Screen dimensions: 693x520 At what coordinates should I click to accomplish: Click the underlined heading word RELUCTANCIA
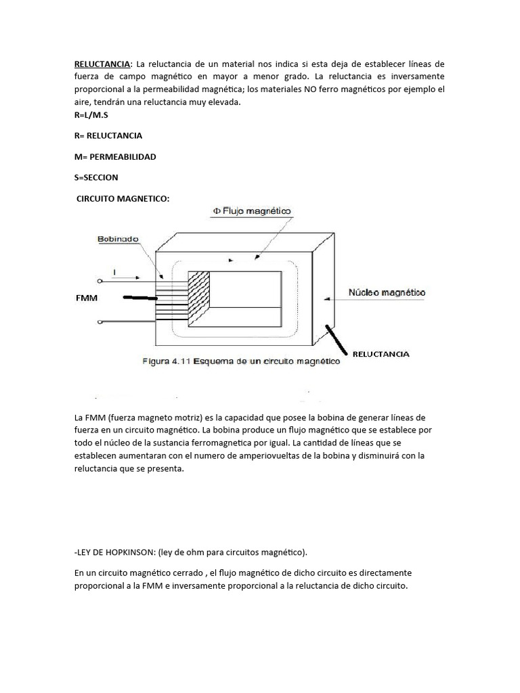[102, 64]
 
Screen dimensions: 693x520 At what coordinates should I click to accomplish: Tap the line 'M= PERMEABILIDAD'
[115, 156]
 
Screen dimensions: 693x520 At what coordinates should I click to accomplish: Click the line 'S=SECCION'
[96, 177]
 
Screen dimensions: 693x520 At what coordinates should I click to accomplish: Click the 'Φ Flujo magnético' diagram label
[251, 211]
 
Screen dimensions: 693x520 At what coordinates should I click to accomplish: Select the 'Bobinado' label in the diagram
[118, 239]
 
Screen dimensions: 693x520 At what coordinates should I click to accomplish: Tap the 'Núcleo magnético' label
[386, 292]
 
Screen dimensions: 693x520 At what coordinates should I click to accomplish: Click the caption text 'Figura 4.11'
[165, 361]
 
